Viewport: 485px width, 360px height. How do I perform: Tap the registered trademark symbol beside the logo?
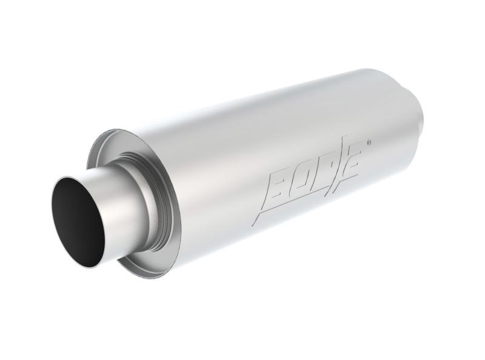point(369,144)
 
